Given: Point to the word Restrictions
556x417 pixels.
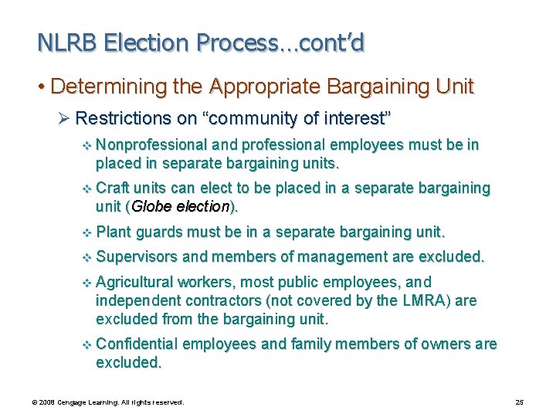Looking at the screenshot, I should coord(121,119).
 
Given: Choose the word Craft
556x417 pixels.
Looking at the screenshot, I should coord(113,188).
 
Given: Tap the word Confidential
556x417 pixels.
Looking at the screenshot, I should coord(137,344).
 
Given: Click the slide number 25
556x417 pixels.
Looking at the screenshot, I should coord(520,402).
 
